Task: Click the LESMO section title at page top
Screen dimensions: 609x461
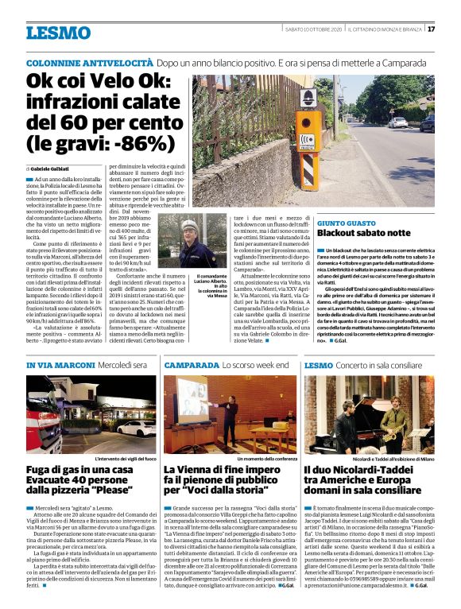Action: (58, 33)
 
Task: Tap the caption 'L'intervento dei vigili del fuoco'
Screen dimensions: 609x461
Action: (124, 460)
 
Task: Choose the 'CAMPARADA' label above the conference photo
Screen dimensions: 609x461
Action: (190, 365)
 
